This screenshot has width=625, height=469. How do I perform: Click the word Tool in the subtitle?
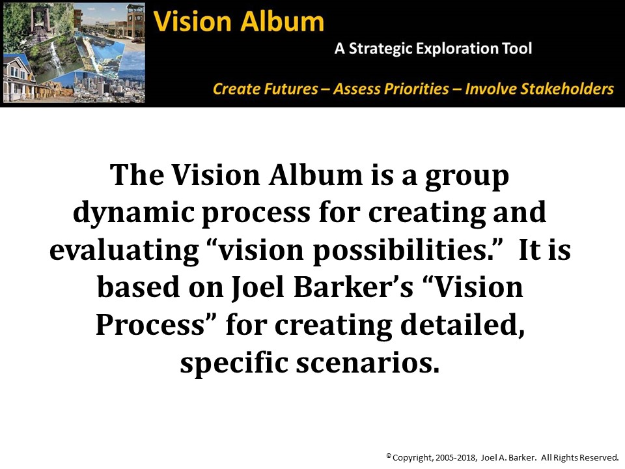(517, 48)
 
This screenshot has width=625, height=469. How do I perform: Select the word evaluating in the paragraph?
(124, 251)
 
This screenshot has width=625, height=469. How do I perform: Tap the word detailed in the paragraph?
(462, 326)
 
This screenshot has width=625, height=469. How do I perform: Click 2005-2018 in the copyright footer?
(456, 458)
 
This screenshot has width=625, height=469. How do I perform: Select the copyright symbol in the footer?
(389, 456)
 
